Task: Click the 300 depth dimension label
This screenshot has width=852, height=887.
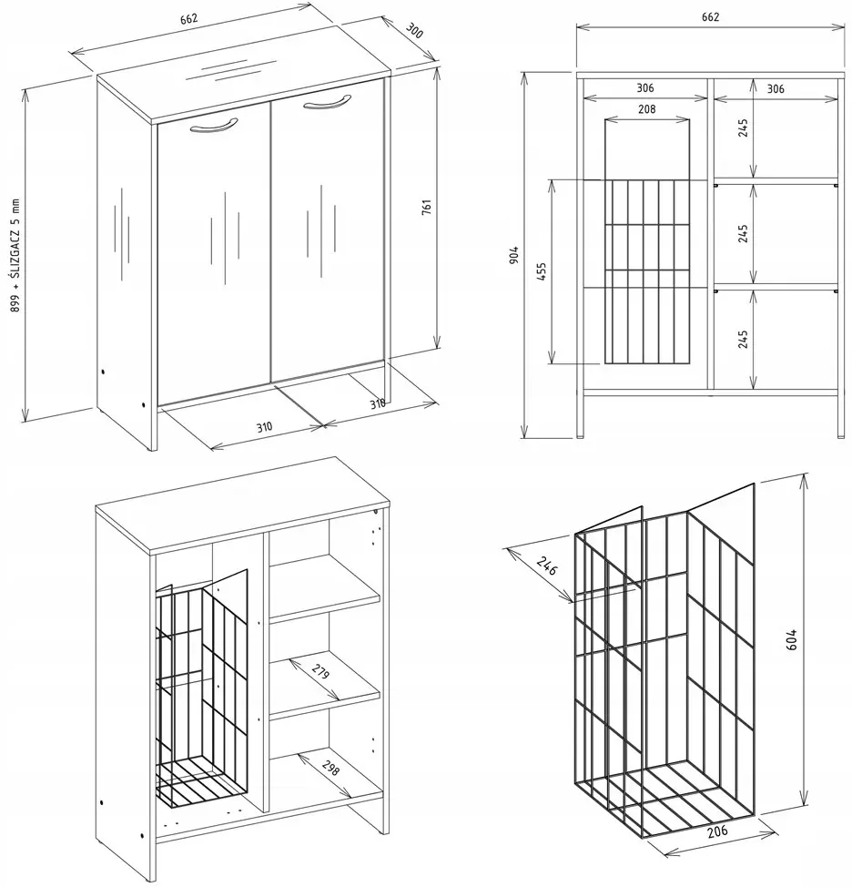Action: [414, 31]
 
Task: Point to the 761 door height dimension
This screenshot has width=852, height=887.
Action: [427, 207]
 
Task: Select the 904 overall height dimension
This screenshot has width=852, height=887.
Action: [513, 256]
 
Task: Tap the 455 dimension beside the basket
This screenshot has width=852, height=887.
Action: [542, 272]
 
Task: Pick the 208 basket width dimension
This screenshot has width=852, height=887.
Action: [647, 108]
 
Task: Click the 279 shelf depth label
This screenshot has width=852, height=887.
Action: [320, 671]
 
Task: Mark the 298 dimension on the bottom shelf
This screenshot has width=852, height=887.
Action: [330, 768]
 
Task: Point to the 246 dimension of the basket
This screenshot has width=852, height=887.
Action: [547, 566]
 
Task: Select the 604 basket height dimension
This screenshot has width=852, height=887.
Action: [792, 639]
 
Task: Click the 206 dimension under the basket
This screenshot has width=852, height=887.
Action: [717, 832]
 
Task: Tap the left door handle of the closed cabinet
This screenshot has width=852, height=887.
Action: [214, 127]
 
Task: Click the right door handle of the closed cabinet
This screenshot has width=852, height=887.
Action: [327, 103]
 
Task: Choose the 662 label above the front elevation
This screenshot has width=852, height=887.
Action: [710, 17]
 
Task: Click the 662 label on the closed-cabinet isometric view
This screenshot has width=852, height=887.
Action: [188, 18]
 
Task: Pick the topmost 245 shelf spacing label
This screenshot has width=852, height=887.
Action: [744, 127]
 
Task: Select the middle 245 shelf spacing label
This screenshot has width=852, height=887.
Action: [744, 234]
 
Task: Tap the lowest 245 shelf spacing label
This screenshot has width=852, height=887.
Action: [744, 340]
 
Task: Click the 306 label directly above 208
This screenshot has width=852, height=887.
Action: [645, 87]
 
